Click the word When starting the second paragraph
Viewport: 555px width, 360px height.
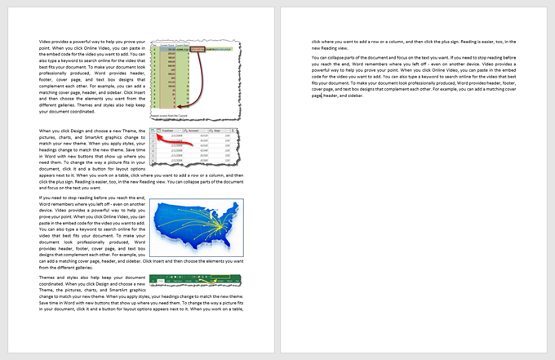47,131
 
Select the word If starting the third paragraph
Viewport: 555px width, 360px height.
42,198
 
